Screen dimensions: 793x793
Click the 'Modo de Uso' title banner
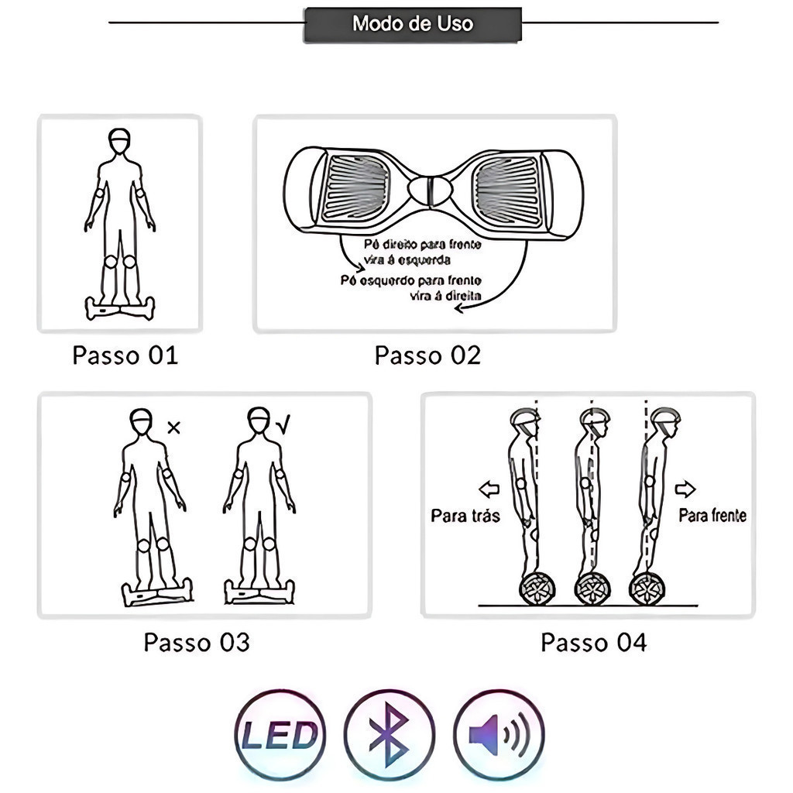[x=412, y=24]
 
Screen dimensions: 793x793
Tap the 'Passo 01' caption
[x=125, y=355]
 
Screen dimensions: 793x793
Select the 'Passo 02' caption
[x=427, y=355]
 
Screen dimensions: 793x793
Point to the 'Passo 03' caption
[x=197, y=642]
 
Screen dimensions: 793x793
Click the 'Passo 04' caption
[x=594, y=642]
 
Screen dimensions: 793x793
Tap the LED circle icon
[x=280, y=734]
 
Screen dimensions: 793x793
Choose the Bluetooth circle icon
[x=389, y=734]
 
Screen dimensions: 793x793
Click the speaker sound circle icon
[x=499, y=734]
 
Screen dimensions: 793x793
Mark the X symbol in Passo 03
[x=173, y=427]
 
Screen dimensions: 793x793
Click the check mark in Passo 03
[x=283, y=424]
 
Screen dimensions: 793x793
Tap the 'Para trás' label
[x=465, y=515]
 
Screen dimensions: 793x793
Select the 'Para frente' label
[x=712, y=515]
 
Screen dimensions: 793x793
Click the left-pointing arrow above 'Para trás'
[x=489, y=489]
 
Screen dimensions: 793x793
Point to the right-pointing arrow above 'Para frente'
[x=685, y=489]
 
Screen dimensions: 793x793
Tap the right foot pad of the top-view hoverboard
[x=507, y=191]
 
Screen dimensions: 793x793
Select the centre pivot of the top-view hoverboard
[x=431, y=191]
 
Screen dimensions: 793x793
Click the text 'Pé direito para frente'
[x=422, y=245]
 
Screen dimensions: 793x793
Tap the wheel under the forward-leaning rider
[x=647, y=589]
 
